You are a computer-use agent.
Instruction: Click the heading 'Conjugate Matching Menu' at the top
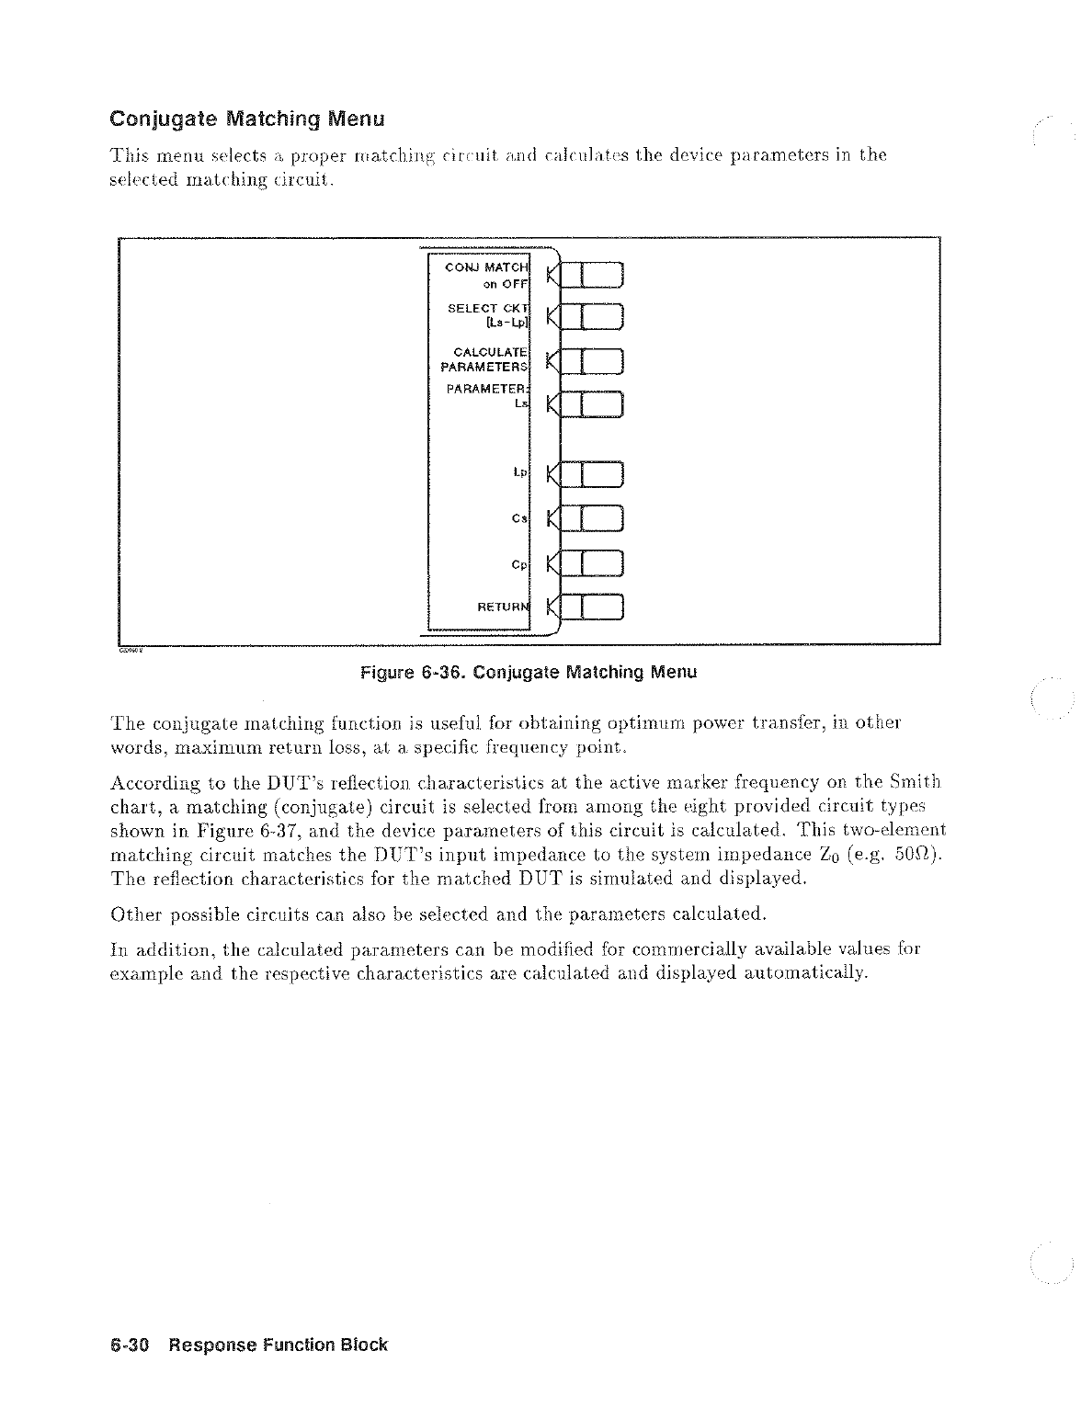tap(246, 119)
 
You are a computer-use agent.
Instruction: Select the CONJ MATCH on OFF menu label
tap(486, 275)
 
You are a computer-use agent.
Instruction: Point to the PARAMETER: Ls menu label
tap(488, 396)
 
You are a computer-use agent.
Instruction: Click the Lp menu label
tap(519, 473)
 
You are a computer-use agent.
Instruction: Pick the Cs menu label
tap(520, 518)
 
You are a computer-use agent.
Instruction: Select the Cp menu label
tap(520, 563)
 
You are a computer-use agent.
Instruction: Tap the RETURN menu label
tap(503, 607)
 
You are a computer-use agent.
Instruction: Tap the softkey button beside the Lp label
tap(593, 474)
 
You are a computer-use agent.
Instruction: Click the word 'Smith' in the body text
tap(915, 783)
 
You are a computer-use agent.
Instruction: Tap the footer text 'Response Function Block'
tap(278, 1345)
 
